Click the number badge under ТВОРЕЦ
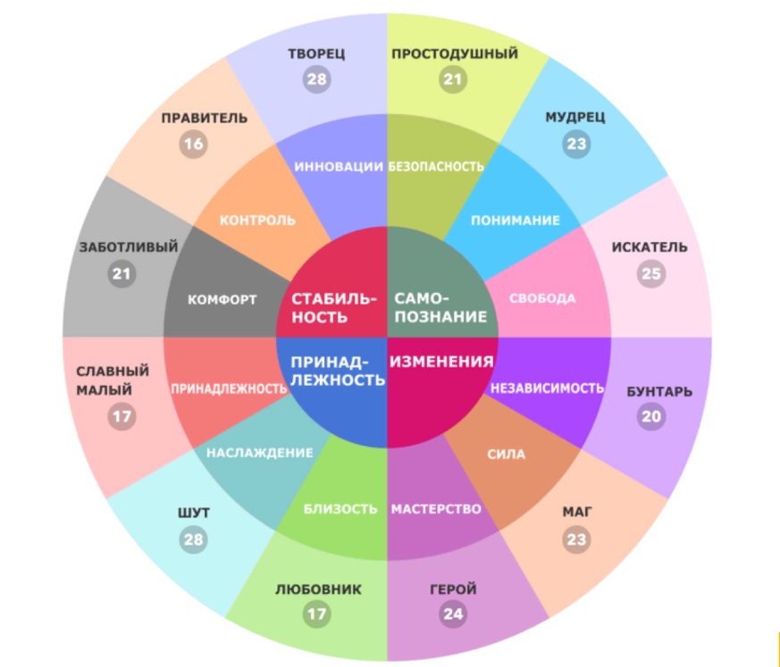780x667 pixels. coord(316,79)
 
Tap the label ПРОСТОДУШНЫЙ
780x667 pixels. coord(455,54)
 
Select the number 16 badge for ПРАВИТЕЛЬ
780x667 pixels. coord(192,144)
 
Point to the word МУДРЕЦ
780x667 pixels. coord(575,117)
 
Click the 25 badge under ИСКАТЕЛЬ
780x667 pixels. coord(650,273)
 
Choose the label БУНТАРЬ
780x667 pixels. coord(659,391)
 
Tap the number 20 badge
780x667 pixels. coord(651,416)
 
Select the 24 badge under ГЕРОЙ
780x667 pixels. coord(453,614)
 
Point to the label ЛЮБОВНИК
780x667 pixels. coord(317,589)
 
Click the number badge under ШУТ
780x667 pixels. coord(194,538)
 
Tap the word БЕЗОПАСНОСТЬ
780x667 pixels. coord(437,166)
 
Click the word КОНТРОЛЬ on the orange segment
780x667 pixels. coord(257,220)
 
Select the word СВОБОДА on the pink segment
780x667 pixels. coord(542,298)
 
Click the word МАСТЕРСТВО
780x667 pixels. coord(436,509)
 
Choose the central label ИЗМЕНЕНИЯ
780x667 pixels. coord(441,362)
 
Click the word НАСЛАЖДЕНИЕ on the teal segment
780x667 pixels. coord(260,453)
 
